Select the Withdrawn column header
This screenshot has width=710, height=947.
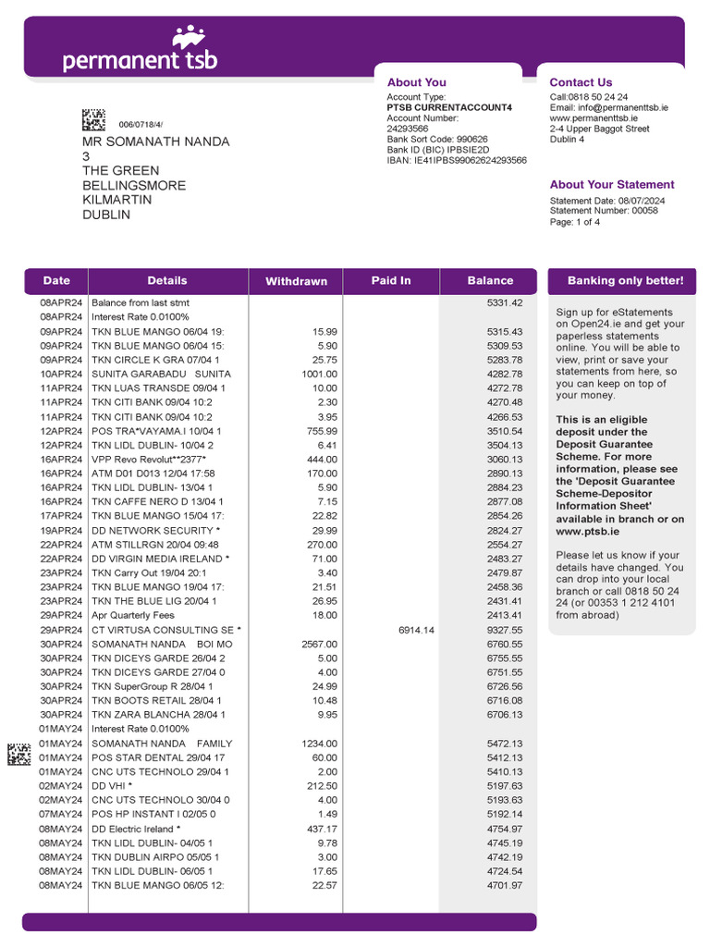[x=296, y=281]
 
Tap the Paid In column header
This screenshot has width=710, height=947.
[x=391, y=280]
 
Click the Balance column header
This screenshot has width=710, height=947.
[x=490, y=280]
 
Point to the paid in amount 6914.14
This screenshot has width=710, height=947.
[x=416, y=630]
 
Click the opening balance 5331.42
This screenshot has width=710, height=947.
[x=505, y=302]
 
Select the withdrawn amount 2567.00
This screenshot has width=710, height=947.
[x=319, y=644]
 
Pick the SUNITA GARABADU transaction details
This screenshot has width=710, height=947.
[x=161, y=374]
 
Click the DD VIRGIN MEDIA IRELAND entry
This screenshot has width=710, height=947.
[x=160, y=559]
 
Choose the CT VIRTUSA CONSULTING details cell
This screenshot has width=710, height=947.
[x=165, y=630]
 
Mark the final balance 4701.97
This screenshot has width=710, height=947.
[x=505, y=885]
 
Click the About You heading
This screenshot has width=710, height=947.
[x=416, y=82]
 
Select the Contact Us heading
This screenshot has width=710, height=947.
[x=581, y=82]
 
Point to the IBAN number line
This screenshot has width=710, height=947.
[x=457, y=160]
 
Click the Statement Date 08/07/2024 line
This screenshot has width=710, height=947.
[x=607, y=201]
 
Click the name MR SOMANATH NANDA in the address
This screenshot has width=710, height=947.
[x=156, y=141]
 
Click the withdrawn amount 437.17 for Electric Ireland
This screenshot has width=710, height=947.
[x=322, y=829]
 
